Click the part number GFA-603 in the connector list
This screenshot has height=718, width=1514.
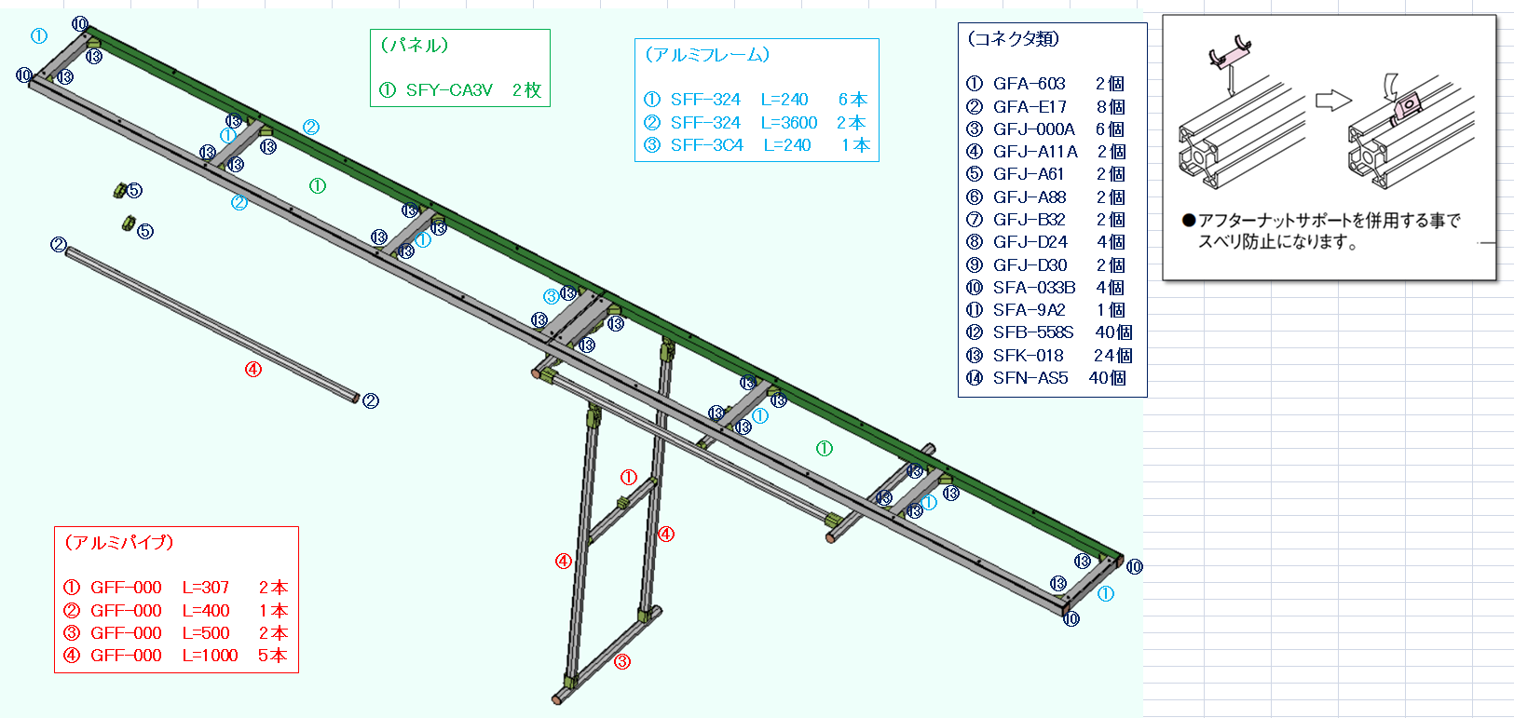pyautogui.click(x=1029, y=84)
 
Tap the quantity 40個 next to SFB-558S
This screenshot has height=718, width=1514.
pyautogui.click(x=1113, y=332)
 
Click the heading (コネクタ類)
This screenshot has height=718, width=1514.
pyautogui.click(x=1013, y=39)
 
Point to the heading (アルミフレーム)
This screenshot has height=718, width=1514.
pyautogui.click(x=707, y=55)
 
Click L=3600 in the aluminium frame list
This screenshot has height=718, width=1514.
pyautogui.click(x=788, y=123)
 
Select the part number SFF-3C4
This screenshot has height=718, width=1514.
pyautogui.click(x=706, y=145)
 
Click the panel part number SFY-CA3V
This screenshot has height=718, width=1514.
pyautogui.click(x=448, y=90)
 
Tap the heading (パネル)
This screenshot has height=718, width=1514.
pyautogui.click(x=415, y=46)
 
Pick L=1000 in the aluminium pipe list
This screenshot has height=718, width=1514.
pyautogui.click(x=210, y=656)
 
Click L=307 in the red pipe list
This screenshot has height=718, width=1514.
pyautogui.click(x=205, y=588)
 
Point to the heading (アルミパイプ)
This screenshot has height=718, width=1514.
pyautogui.click(x=118, y=543)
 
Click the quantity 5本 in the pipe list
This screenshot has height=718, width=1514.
pyautogui.click(x=272, y=656)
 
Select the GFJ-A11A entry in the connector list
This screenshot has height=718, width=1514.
pyautogui.click(x=1034, y=152)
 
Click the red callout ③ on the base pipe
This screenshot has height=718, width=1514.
pyautogui.click(x=622, y=662)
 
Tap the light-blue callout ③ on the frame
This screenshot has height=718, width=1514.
pyautogui.click(x=552, y=297)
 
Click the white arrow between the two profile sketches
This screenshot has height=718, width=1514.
pyautogui.click(x=1333, y=100)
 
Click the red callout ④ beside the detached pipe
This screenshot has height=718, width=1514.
pyautogui.click(x=253, y=370)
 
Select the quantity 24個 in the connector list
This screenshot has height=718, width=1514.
pyautogui.click(x=1112, y=356)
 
